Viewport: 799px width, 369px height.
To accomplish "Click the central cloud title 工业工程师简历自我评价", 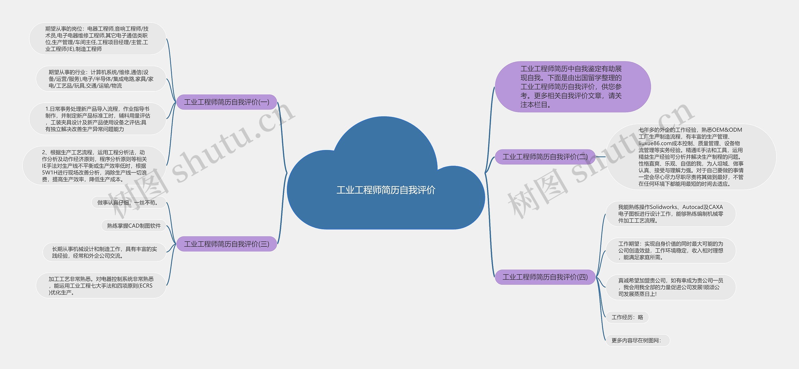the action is click(x=386, y=190).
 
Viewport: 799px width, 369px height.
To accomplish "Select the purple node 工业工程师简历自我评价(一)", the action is click(x=227, y=102).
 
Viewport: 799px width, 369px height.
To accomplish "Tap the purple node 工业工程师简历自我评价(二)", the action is click(x=545, y=157).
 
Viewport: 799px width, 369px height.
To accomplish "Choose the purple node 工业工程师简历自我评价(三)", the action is click(x=227, y=244).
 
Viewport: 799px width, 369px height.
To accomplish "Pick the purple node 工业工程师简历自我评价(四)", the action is click(x=545, y=277).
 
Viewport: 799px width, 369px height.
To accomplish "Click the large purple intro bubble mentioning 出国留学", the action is click(x=572, y=87).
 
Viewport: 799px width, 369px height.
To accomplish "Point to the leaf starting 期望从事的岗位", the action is click(x=97, y=39).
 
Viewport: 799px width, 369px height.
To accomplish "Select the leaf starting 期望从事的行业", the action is click(x=101, y=79).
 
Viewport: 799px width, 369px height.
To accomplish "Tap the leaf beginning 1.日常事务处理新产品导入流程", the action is click(x=97, y=119).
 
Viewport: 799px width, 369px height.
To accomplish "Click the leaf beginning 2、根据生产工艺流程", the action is click(x=94, y=166).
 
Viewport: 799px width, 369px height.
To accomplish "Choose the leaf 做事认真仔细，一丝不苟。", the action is click(x=129, y=203).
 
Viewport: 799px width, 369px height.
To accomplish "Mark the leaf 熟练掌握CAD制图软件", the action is click(x=134, y=226).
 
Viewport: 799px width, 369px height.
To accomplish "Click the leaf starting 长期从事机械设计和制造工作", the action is click(x=104, y=252).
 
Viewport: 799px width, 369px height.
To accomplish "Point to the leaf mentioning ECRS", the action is click(x=101, y=286).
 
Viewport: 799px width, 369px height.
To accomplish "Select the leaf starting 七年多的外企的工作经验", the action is click(x=690, y=157).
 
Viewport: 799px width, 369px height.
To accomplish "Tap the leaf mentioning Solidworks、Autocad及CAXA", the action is click(x=670, y=214).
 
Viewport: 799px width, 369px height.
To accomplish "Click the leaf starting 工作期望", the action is click(x=670, y=250).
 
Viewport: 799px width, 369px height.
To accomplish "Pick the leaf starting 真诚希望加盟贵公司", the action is click(x=670, y=287).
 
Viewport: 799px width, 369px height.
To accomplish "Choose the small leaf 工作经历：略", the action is click(x=627, y=317).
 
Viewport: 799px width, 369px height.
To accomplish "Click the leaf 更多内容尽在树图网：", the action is click(x=637, y=341).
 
